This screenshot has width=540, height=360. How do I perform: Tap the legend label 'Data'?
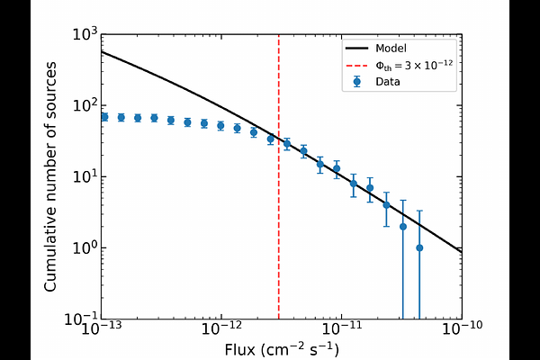[x=389, y=81]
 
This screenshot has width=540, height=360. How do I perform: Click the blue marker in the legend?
[x=357, y=81]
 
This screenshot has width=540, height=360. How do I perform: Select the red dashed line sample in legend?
[x=357, y=65]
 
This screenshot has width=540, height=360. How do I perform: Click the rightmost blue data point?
[x=419, y=247]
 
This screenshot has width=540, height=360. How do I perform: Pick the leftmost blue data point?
[x=104, y=117]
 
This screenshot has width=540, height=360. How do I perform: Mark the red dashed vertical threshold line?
[x=278, y=225]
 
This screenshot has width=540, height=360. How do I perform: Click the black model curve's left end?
[x=103, y=52]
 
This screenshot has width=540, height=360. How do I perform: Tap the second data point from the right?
[x=403, y=226]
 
